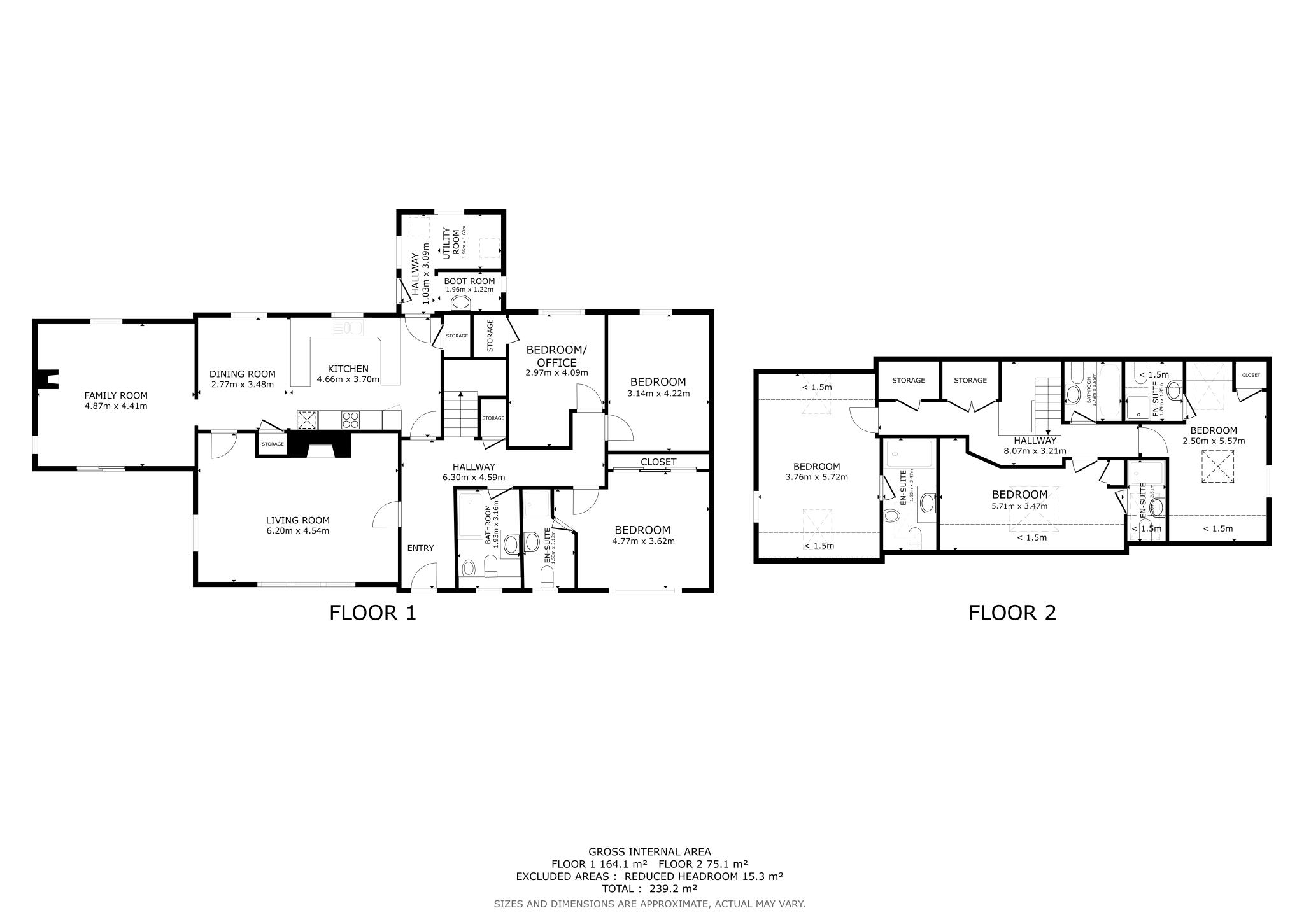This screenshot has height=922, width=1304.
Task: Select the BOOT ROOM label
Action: click(x=469, y=281)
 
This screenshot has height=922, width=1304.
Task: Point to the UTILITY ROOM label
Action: click(x=451, y=243)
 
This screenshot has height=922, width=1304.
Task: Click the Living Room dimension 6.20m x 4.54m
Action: click(x=297, y=530)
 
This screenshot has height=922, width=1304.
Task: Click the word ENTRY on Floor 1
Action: click(x=420, y=548)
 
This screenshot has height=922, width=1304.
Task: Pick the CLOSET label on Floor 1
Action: click(x=658, y=462)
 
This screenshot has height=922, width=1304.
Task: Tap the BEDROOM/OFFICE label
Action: click(x=556, y=356)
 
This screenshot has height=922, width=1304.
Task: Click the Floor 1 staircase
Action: click(x=460, y=414)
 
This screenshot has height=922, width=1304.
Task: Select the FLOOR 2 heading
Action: click(x=1012, y=613)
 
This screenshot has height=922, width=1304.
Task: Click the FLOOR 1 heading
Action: click(x=372, y=613)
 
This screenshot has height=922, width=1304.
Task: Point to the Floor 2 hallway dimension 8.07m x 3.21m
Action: click(x=1035, y=451)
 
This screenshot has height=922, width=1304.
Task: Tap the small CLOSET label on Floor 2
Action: click(x=1251, y=375)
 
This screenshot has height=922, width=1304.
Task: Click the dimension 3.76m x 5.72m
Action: click(x=816, y=477)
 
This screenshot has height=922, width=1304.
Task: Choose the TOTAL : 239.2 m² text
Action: click(x=649, y=889)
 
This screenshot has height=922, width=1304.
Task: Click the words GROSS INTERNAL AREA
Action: click(x=649, y=851)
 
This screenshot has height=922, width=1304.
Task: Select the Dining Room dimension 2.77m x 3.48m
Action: click(x=242, y=384)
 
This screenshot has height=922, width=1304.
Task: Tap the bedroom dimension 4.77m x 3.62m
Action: click(x=642, y=541)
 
